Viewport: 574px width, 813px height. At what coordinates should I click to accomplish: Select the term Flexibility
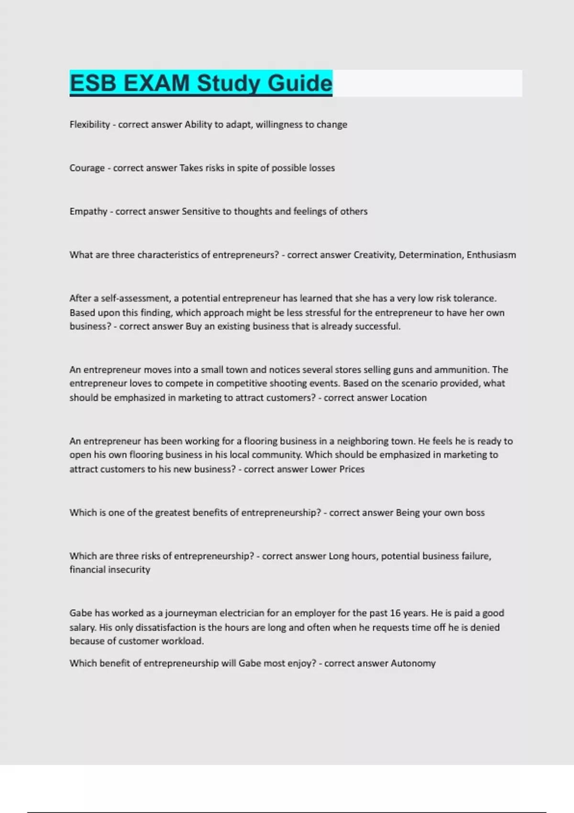(x=89, y=125)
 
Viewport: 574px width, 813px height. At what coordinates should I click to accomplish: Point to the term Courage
(x=87, y=168)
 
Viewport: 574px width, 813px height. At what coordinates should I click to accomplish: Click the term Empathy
(x=88, y=212)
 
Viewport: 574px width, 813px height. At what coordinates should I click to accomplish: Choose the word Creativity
(x=374, y=255)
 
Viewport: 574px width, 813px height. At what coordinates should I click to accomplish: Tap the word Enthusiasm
(x=491, y=255)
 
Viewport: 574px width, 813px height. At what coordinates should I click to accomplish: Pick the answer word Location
(x=408, y=398)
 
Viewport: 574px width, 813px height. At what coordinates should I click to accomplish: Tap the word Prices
(x=352, y=469)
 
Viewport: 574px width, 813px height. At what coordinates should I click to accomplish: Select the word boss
(x=475, y=513)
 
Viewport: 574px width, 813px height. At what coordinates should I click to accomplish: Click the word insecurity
(x=129, y=570)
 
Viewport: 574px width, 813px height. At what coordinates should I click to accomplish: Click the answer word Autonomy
(x=413, y=663)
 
